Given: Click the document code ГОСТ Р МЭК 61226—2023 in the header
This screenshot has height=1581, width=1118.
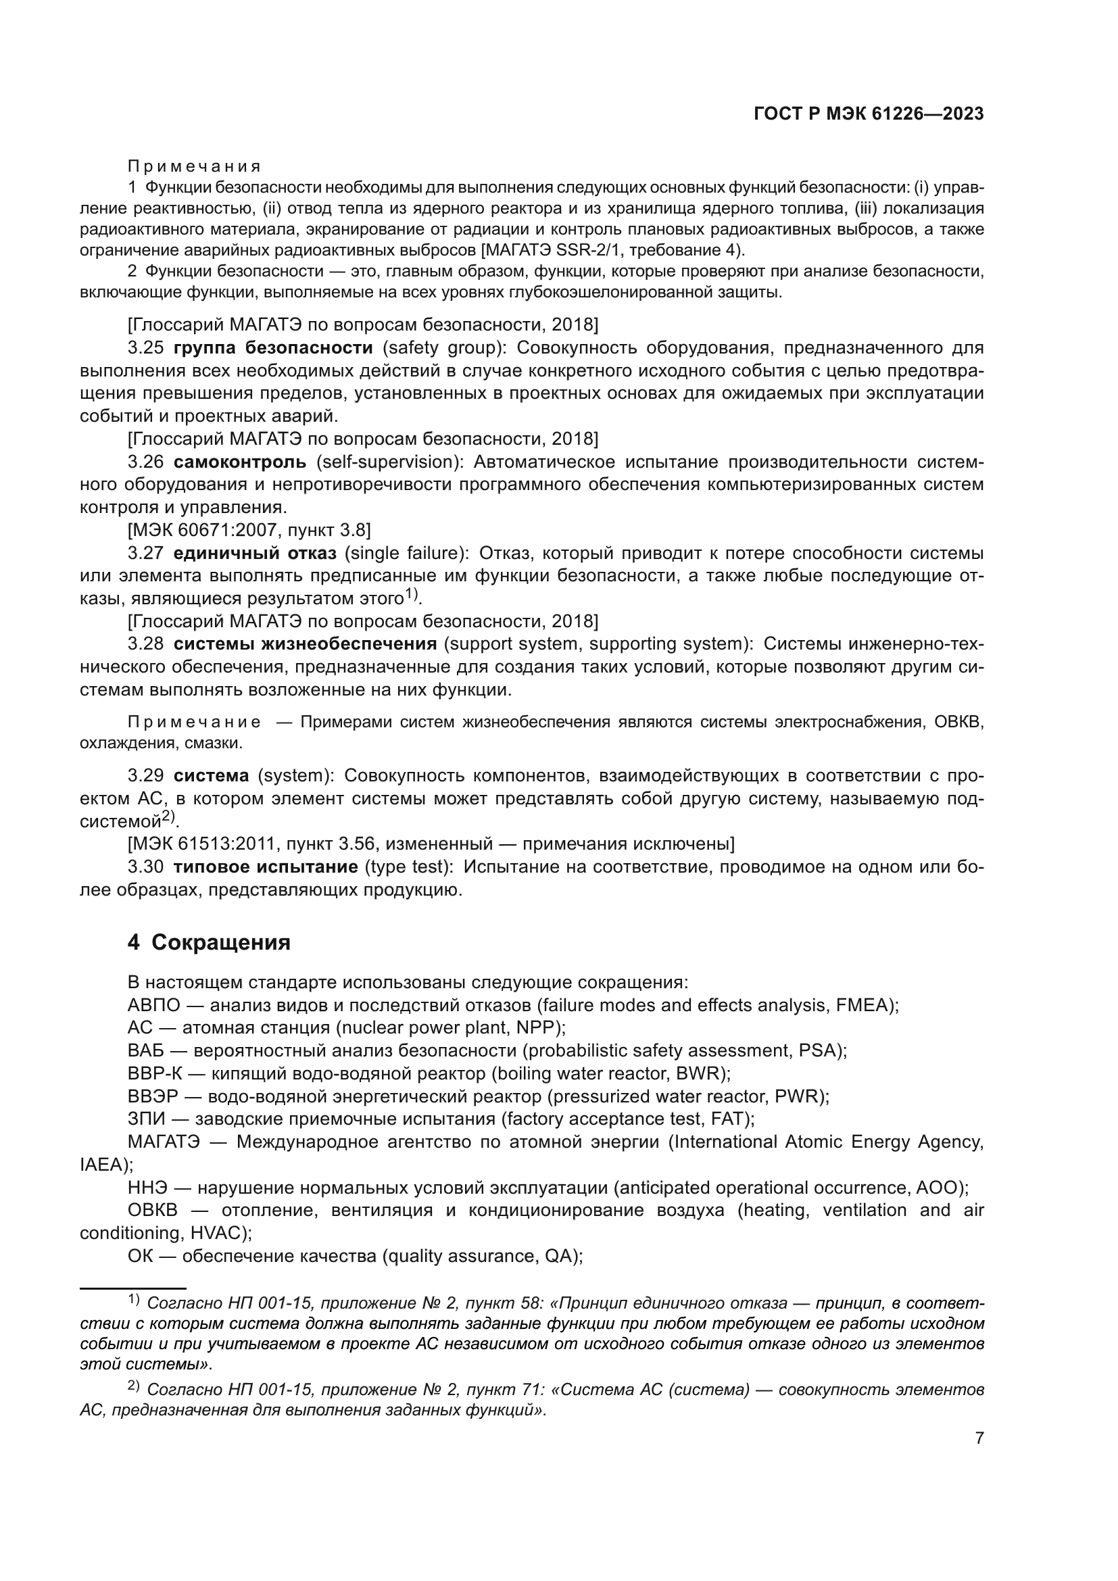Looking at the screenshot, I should tap(868, 114).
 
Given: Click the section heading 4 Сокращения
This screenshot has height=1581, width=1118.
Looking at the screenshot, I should tap(209, 942).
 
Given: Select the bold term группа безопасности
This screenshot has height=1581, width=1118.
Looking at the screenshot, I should tap(272, 347).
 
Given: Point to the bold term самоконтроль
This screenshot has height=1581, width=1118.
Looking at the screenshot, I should tap(239, 462).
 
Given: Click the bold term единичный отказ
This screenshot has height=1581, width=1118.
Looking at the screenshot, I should tap(255, 553).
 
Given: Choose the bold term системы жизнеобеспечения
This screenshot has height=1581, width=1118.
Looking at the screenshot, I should tap(305, 644).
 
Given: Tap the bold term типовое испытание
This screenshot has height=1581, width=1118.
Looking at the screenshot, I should tap(265, 867).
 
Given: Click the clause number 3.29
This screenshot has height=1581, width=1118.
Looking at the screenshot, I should tap(145, 775).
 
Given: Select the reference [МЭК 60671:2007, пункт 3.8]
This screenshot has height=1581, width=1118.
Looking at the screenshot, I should tap(249, 530).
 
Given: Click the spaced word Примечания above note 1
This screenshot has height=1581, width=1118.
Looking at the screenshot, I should tap(194, 167).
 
